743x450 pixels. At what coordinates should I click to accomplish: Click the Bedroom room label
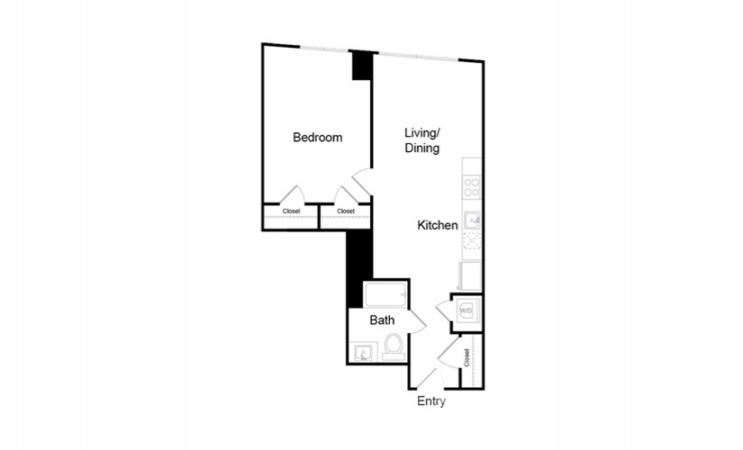coord(318,138)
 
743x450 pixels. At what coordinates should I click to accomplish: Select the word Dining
coord(421,148)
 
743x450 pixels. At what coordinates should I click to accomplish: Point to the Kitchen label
coord(438,225)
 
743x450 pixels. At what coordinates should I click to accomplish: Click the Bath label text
coord(382,320)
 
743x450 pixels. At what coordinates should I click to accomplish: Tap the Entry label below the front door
coord(431,401)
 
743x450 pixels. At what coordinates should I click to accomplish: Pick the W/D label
coord(466,310)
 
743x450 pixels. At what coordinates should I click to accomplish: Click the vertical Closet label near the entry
coord(467,357)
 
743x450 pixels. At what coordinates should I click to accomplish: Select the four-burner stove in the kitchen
coord(472,186)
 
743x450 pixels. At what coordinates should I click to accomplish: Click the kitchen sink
coord(472,220)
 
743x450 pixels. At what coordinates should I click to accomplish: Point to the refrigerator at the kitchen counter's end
coord(470,275)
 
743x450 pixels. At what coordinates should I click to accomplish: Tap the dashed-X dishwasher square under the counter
coord(472,240)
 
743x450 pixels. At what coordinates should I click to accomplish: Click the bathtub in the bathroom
coord(385,294)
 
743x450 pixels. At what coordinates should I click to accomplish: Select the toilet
coord(394,346)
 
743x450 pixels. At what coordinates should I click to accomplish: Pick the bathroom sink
coord(364,353)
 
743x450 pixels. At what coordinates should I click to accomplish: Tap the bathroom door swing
coord(418,321)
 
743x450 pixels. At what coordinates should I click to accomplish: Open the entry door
coord(430,378)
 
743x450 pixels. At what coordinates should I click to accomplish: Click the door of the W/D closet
coord(444,310)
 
